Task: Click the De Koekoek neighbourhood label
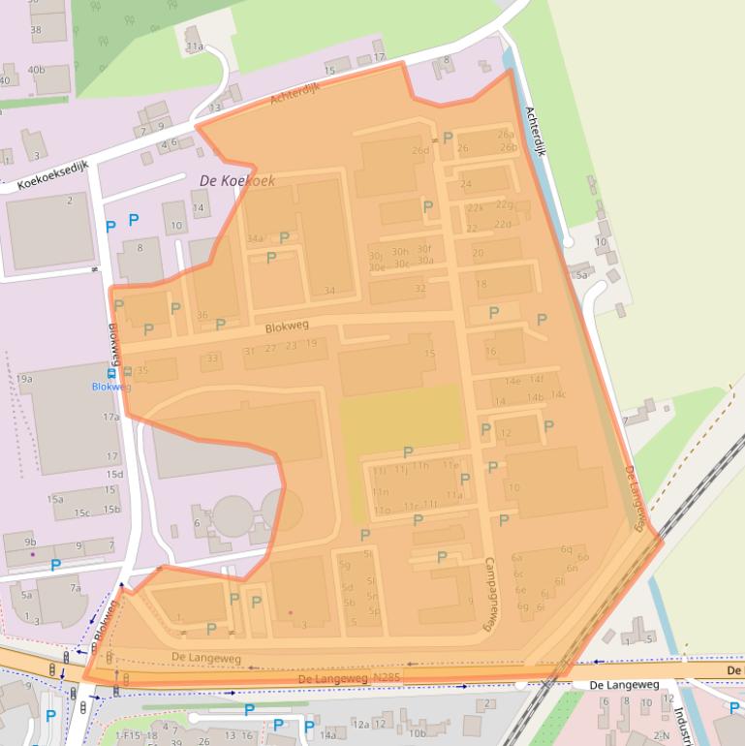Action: [237, 180]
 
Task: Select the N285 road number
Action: [385, 679]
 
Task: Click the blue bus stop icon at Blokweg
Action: [111, 372]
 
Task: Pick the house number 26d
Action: [419, 150]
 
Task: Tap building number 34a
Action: [255, 238]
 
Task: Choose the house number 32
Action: [419, 288]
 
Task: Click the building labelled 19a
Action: [24, 379]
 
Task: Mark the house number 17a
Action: [111, 418]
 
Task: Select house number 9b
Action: [30, 542]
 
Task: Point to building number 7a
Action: [76, 588]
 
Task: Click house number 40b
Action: [36, 70]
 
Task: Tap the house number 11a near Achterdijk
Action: [195, 47]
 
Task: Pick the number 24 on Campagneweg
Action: [466, 184]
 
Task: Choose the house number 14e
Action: [512, 380]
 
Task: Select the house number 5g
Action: [344, 565]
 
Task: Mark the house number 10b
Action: [417, 733]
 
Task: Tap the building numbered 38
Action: [36, 30]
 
